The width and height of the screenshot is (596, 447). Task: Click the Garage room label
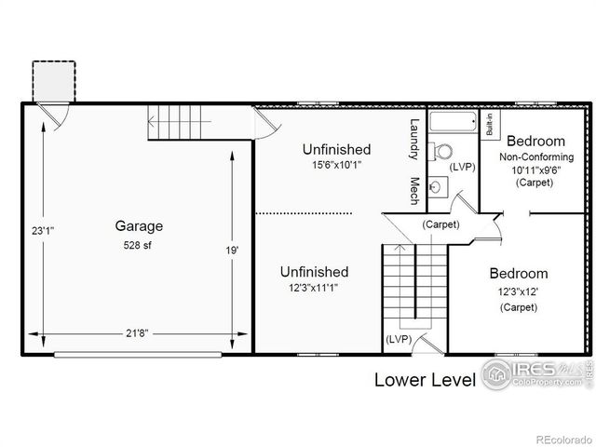139,225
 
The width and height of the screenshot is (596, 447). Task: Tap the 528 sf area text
139,246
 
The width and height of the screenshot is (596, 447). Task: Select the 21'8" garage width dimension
138,332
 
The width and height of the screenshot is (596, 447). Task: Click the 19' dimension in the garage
232,251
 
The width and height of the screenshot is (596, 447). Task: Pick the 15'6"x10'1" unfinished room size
336,165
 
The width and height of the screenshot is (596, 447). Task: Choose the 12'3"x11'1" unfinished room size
314,288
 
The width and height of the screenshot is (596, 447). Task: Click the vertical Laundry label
415,139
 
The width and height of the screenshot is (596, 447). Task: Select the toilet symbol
443,151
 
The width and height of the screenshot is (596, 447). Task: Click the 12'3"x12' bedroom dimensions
519,291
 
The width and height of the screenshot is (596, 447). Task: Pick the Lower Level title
425,379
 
